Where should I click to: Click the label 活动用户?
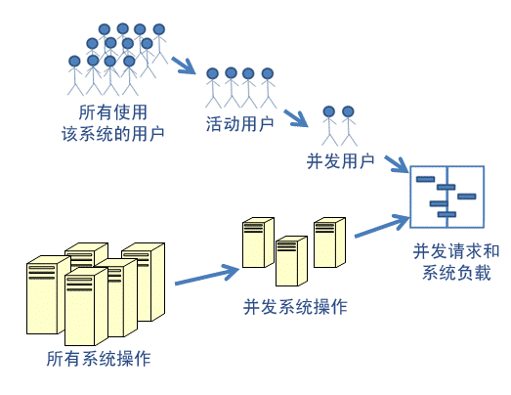(x=239, y=124)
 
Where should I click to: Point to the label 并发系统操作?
(x=295, y=307)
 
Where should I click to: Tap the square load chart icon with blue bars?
(x=446, y=197)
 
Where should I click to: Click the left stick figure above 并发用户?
(x=329, y=126)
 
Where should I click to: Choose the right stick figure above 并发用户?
(x=348, y=126)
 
